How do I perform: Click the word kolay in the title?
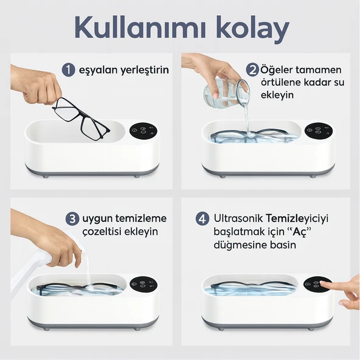pos(252,28)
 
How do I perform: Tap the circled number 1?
pos(70,69)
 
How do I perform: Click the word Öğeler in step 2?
pos(277,70)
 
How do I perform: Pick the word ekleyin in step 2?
pos(279,95)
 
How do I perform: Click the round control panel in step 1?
pos(144,131)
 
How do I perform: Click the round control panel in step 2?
pos(319,131)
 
